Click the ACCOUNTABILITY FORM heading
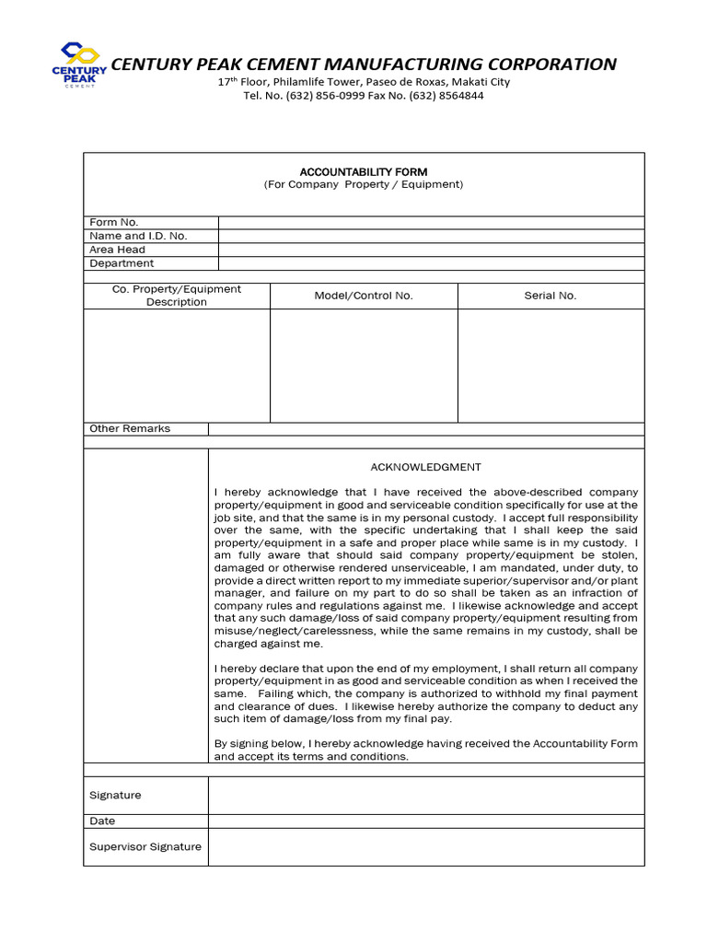[364, 172]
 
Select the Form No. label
[113, 223]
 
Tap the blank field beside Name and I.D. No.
[431, 237]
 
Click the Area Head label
[117, 250]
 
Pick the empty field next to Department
[431, 263]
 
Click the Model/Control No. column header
[364, 296]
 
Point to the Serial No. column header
[551, 296]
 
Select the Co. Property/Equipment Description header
[177, 296]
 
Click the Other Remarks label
[130, 428]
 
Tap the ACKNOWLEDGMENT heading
[425, 467]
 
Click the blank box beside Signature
[426, 795]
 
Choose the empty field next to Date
[426, 821]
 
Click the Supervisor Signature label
[145, 847]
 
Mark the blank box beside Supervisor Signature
[426, 847]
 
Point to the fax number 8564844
[459, 96]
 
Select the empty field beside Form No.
[431, 223]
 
